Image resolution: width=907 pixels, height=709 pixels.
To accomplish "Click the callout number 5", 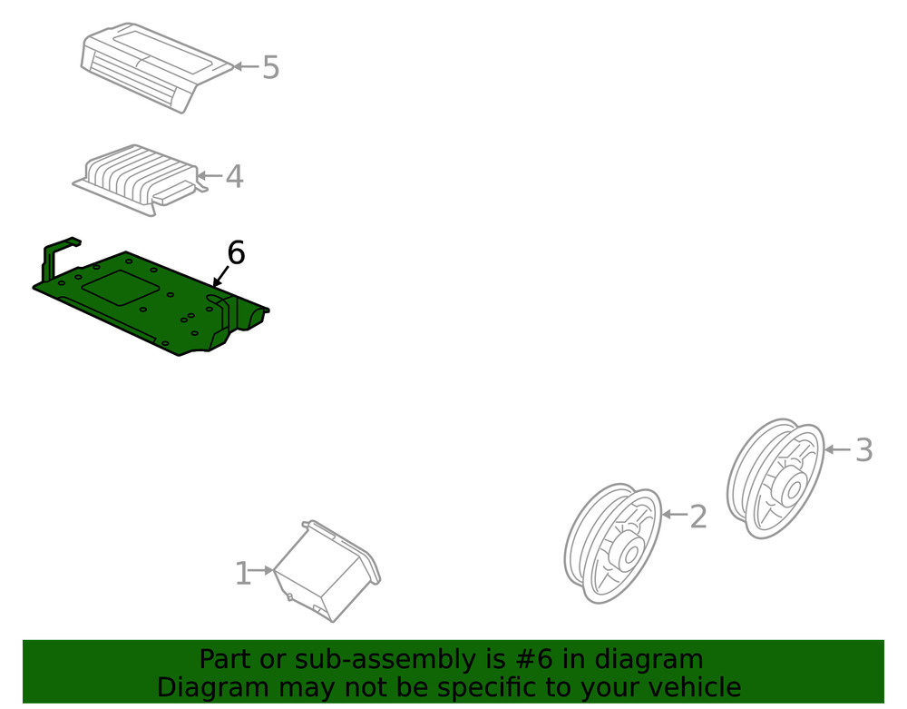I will [270, 67].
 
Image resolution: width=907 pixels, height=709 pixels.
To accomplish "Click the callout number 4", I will [234, 176].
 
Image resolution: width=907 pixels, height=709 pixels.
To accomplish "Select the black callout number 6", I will [236, 253].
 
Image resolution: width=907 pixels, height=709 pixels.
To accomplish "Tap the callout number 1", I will [242, 574].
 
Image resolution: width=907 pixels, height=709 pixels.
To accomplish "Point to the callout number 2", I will [697, 517].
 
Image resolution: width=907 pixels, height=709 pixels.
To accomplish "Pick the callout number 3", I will [863, 450].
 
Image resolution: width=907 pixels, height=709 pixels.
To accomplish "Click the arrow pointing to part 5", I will [245, 66].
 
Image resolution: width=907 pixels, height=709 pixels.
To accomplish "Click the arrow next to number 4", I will [210, 175].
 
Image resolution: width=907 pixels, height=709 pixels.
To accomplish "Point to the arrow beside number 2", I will [674, 515].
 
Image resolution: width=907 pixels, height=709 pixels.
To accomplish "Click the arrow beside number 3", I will [837, 449].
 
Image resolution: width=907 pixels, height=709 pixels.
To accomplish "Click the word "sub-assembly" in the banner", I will [371, 659].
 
